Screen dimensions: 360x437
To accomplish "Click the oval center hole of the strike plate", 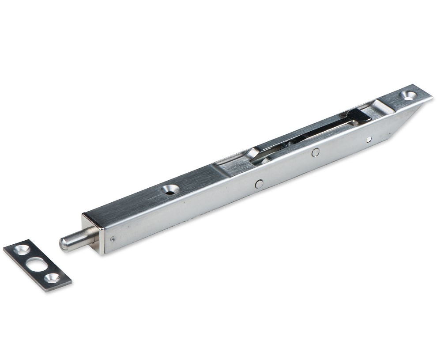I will (x=37, y=264).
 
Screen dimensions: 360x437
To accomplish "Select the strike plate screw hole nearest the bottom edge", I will (x=52, y=278).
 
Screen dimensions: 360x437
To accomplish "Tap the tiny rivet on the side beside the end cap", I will (x=113, y=239).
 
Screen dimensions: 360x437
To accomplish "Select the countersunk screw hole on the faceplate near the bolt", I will (x=170, y=189).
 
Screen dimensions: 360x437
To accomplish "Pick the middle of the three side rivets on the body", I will (x=315, y=152).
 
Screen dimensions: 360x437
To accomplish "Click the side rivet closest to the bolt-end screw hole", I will (x=259, y=183).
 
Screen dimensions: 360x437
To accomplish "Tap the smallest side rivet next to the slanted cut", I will (x=369, y=139).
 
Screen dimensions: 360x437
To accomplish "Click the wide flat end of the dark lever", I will (x=358, y=116).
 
